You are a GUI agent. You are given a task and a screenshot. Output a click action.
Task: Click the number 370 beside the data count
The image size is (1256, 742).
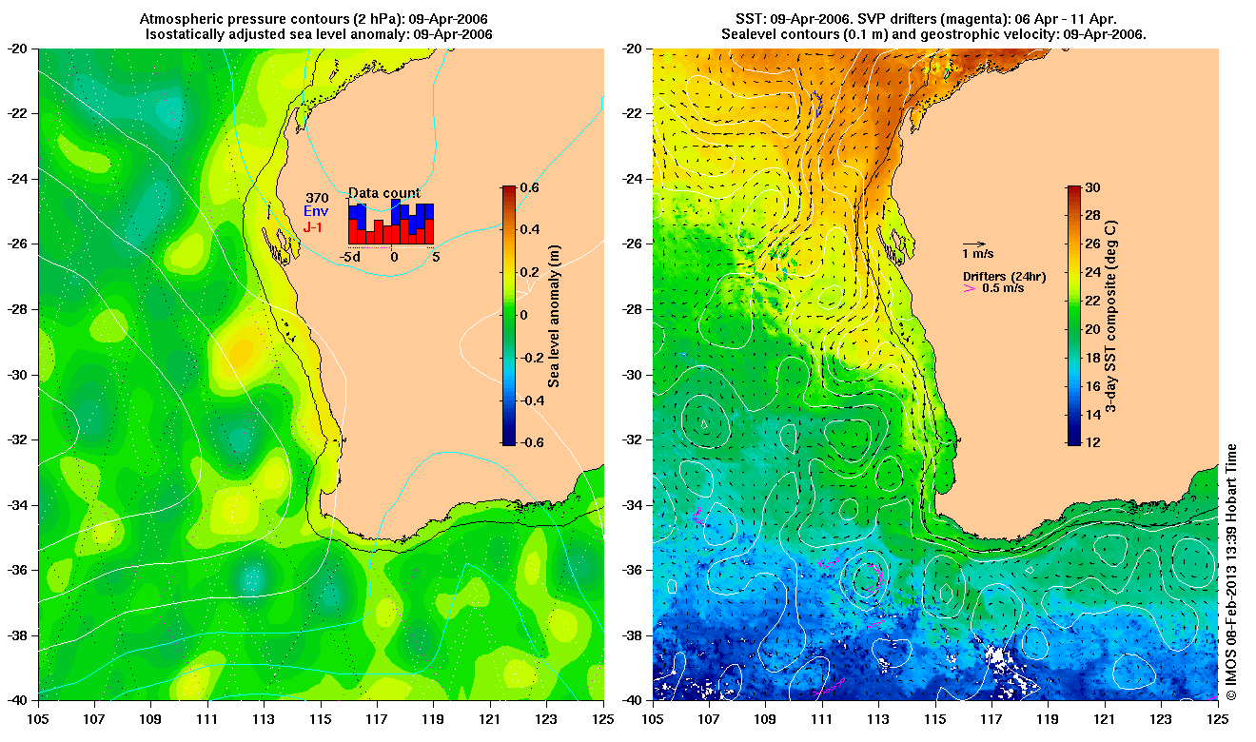pos(316,198)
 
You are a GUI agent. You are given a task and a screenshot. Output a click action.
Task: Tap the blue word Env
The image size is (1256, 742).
pos(316,212)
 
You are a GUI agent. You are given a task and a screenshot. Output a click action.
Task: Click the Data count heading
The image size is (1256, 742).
pos(383,193)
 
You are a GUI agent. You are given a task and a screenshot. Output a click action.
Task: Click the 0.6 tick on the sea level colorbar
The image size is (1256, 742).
pos(528,187)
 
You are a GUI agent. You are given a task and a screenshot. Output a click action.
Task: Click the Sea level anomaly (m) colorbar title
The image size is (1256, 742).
pos(554,316)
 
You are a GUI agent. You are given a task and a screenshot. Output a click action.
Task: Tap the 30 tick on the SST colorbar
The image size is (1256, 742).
pos(1092,187)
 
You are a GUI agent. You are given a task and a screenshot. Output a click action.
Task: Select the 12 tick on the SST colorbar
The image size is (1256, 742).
pos(1092,443)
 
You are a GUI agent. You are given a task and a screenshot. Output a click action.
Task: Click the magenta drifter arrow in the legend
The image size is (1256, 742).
pos(970,287)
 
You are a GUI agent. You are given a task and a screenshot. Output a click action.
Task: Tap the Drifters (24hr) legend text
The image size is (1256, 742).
pos(1004,276)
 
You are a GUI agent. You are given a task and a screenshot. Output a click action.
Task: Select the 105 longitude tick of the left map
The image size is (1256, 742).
pos(39,719)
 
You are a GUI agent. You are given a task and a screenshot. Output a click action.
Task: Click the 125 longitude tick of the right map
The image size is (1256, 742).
pos(1216,719)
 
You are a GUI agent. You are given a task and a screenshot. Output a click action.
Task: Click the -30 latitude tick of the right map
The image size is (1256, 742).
pos(633,374)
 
